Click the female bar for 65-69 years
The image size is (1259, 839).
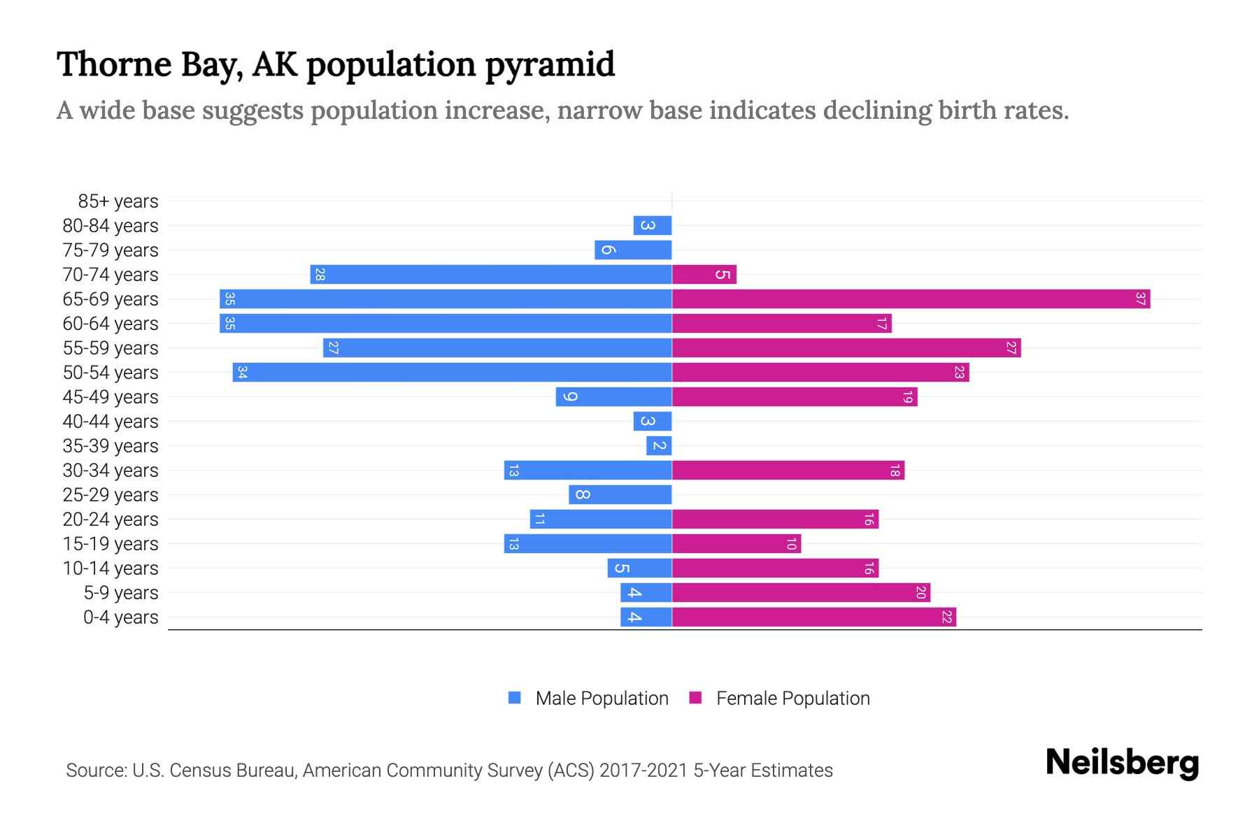tap(911, 299)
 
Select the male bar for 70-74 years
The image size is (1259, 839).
tap(491, 275)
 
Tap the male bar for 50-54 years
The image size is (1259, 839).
tap(453, 373)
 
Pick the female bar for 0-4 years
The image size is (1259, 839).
tap(813, 617)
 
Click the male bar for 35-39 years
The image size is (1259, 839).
tap(659, 446)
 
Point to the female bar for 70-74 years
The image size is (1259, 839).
tap(704, 275)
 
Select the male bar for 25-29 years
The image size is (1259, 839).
tap(620, 495)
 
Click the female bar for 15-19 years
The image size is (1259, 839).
tap(737, 544)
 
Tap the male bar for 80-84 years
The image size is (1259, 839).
tap(653, 226)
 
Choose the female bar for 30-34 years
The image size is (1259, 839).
tap(788, 471)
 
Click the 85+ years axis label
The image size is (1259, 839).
tap(118, 201)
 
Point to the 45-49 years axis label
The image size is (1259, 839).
tap(111, 397)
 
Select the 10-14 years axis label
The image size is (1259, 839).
tap(111, 568)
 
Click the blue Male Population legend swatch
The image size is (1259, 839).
tap(515, 698)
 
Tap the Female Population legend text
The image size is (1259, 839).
tap(792, 698)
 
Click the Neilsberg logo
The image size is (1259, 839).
tap(1122, 763)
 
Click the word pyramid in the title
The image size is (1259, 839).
tap(550, 65)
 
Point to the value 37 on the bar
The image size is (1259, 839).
tap(1140, 299)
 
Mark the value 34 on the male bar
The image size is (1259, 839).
tap(242, 373)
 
